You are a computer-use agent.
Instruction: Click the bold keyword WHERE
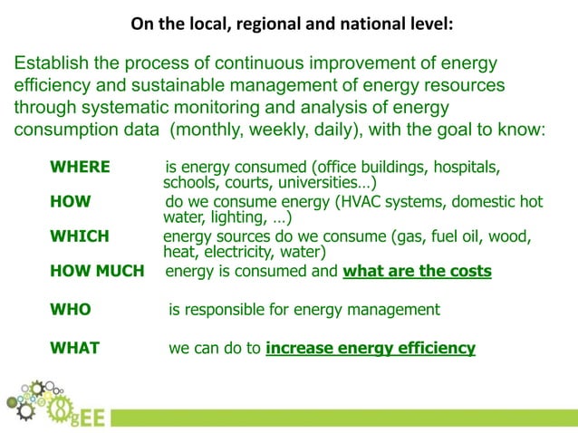point(80,168)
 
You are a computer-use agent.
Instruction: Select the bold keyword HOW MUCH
point(97,271)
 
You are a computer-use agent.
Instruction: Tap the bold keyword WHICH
point(80,236)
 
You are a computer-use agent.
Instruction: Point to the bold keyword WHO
point(70,310)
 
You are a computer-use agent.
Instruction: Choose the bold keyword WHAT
point(74,348)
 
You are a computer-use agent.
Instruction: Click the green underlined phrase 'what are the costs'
point(417,271)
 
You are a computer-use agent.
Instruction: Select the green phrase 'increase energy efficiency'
point(371,348)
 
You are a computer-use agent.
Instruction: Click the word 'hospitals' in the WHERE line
point(465,168)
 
